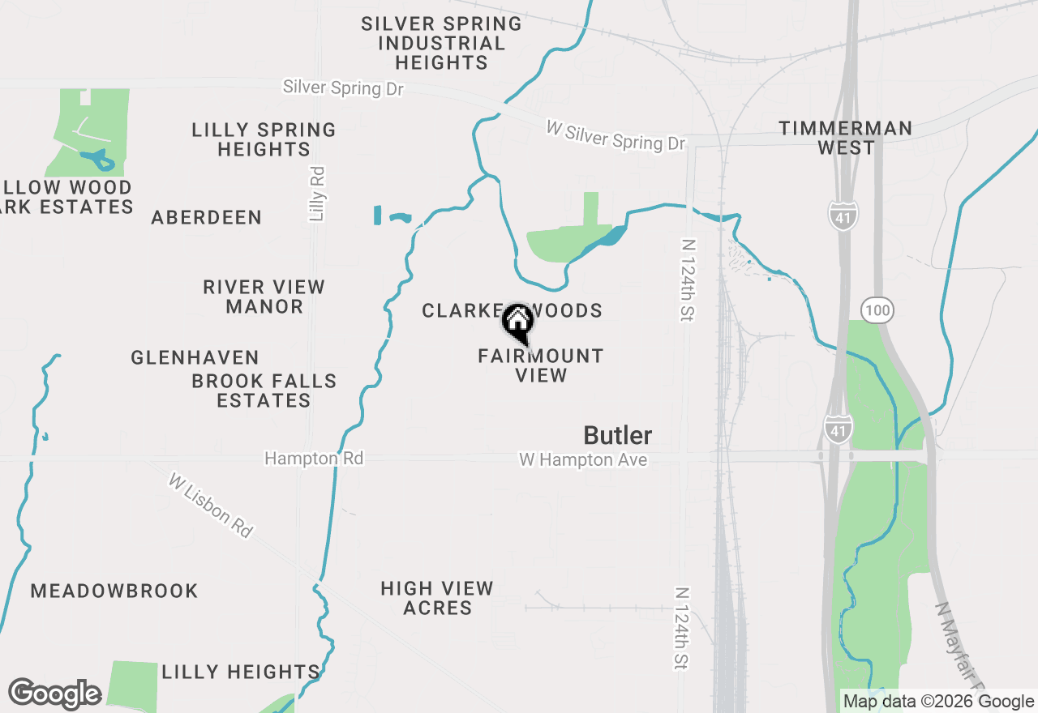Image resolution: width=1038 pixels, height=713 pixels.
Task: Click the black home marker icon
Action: coord(517,322)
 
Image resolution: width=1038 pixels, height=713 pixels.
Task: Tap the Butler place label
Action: coord(618,436)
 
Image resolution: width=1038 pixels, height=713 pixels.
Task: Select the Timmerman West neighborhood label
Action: coord(846,138)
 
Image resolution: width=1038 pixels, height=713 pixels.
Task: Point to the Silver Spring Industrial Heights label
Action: coord(441,43)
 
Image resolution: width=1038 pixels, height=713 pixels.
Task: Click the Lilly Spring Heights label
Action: coord(264,139)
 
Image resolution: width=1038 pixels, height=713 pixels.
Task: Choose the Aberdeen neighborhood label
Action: coord(207,217)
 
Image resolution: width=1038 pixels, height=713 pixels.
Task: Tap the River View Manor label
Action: coord(264,297)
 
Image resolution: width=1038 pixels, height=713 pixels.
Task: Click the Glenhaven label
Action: coord(195,357)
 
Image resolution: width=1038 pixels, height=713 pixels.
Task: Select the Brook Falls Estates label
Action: coord(264,391)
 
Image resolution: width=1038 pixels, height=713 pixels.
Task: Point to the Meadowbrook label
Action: coord(114,591)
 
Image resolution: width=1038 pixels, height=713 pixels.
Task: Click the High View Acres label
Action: coord(438,598)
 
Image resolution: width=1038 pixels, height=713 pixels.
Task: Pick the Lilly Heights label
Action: coord(241,672)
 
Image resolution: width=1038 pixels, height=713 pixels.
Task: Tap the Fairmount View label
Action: coord(541,365)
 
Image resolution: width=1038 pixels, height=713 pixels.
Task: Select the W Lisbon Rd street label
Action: coord(212,506)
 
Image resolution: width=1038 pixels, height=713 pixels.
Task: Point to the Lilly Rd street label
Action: coord(317,194)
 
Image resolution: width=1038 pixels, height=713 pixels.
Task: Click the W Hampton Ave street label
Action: coord(583,460)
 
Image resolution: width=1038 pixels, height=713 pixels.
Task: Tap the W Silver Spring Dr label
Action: coord(616,136)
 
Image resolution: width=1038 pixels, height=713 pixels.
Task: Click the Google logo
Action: coord(54,694)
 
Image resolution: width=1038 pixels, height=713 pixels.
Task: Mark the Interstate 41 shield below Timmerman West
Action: coord(843,216)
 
